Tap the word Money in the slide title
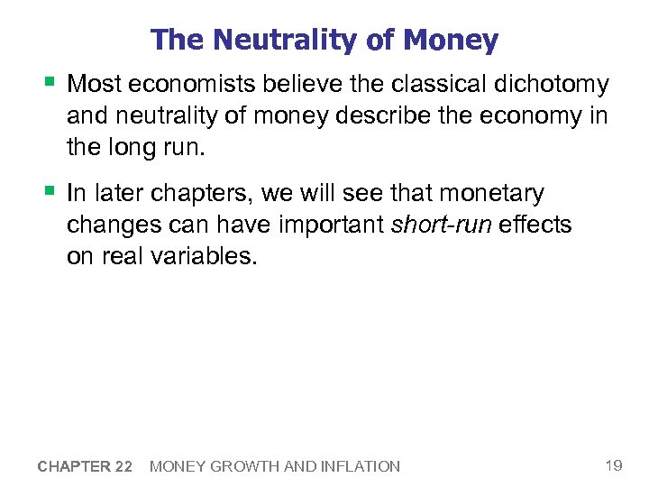coord(452,40)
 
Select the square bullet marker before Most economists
coord(46,84)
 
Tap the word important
coord(323,225)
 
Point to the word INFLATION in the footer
coord(361,466)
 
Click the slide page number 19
coord(614,465)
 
